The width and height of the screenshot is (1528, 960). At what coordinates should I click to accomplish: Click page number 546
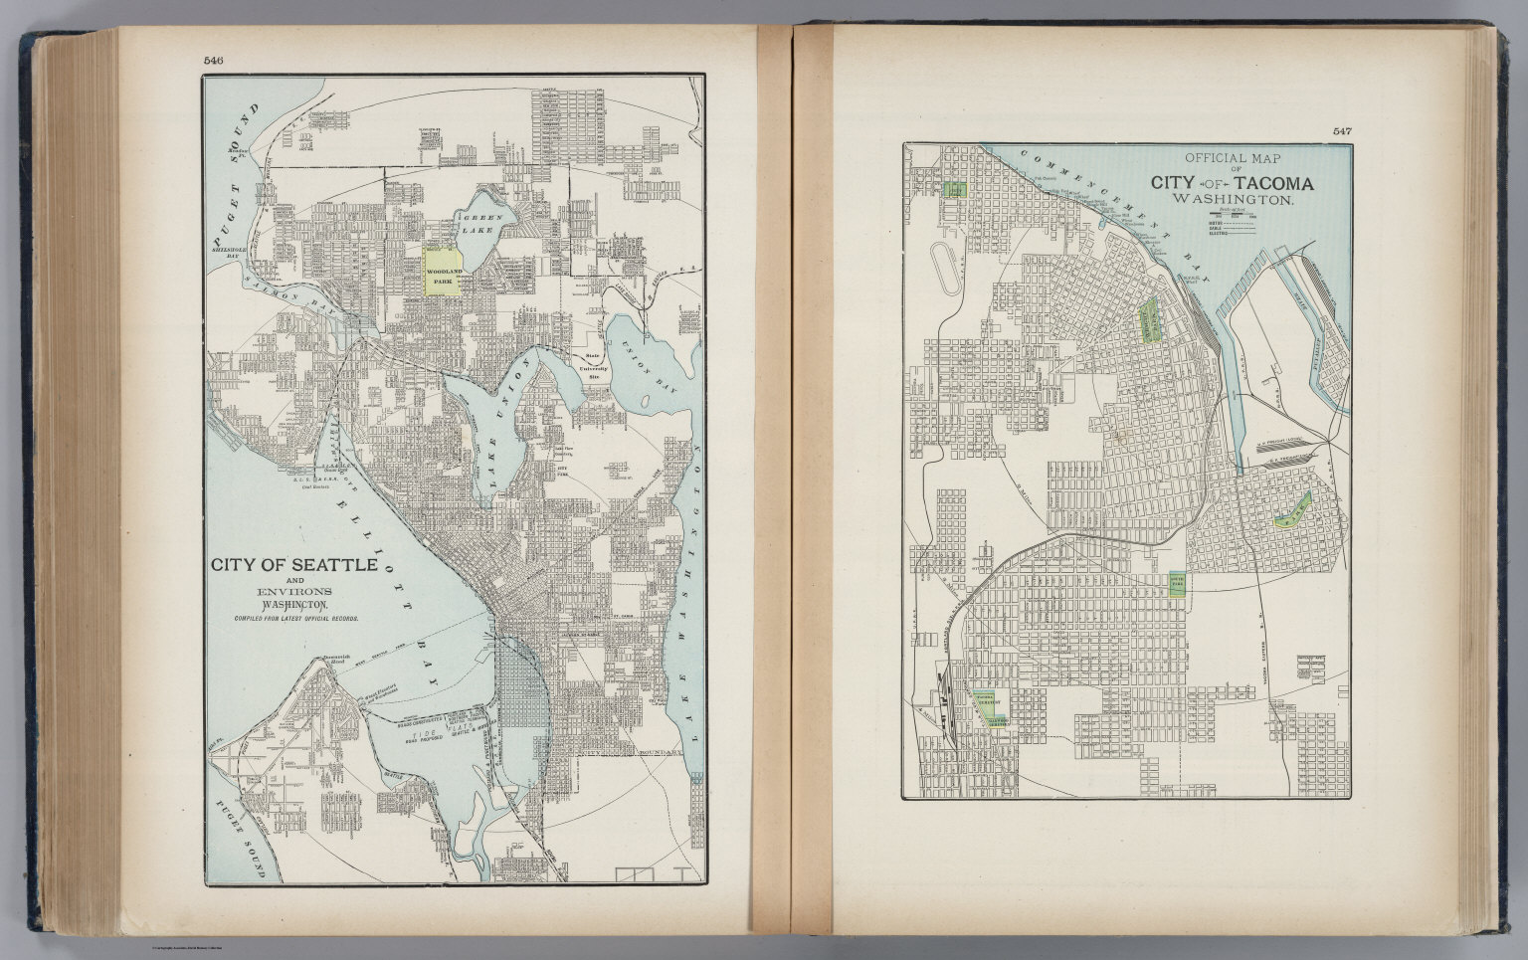[x=213, y=61]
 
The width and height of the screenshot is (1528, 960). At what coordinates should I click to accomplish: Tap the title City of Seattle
[x=292, y=565]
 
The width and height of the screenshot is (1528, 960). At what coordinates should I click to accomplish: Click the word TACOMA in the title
[x=1271, y=184]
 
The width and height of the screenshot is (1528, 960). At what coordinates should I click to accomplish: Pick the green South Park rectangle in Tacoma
[x=1176, y=583]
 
